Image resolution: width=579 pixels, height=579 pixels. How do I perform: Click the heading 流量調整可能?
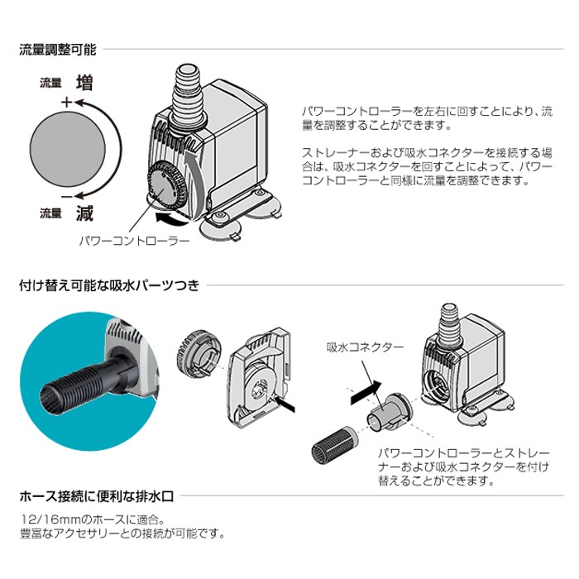pos(57,50)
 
